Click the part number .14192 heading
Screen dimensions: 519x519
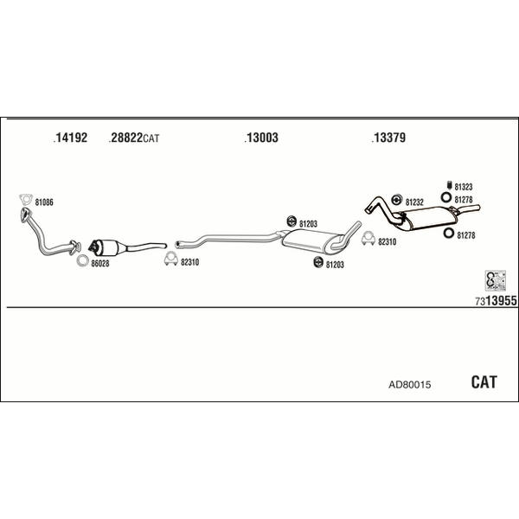pyautogui.click(x=70, y=138)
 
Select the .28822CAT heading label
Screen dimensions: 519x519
pyautogui.click(x=134, y=138)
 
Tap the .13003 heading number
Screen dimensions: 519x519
pyautogui.click(x=261, y=138)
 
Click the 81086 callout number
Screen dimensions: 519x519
pyautogui.click(x=44, y=202)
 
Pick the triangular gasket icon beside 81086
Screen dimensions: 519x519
pyautogui.click(x=25, y=203)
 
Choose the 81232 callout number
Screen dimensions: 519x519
pyautogui.click(x=414, y=202)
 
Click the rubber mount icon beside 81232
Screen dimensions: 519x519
pyautogui.click(x=398, y=202)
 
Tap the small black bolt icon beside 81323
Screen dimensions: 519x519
pyautogui.click(x=448, y=186)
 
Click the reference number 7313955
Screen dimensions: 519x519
pyautogui.click(x=495, y=300)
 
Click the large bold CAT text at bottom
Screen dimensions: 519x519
pyautogui.click(x=484, y=381)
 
